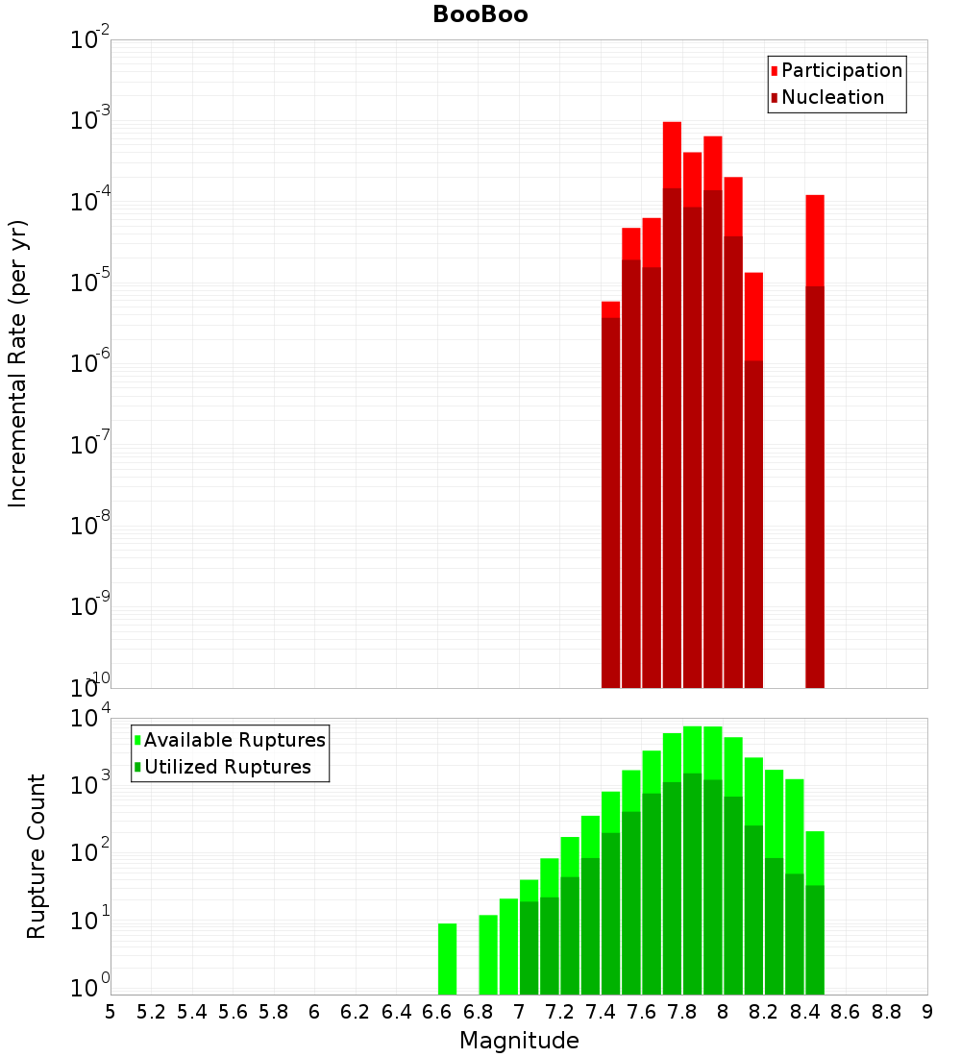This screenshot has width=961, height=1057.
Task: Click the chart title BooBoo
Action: tap(480, 14)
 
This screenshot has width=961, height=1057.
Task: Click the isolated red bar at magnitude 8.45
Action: tap(815, 384)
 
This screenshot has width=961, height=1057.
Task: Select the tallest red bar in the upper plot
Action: tap(672, 288)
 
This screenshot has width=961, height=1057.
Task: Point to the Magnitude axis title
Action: tap(519, 1041)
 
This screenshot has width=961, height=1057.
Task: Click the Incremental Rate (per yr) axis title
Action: tap(18, 363)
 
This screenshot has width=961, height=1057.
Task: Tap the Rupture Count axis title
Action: tap(37, 855)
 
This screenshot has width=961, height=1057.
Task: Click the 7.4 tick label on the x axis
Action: tap(601, 1012)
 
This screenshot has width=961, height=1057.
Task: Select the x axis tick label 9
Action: tap(927, 1012)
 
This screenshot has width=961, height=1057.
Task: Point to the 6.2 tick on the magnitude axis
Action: tap(355, 1012)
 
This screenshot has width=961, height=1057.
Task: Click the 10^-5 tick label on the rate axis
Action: tap(89, 283)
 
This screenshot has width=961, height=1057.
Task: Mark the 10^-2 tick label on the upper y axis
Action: tap(89, 40)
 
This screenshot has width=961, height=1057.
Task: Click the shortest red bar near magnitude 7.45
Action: tap(610, 480)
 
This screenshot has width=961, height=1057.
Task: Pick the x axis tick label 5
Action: tap(110, 1012)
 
